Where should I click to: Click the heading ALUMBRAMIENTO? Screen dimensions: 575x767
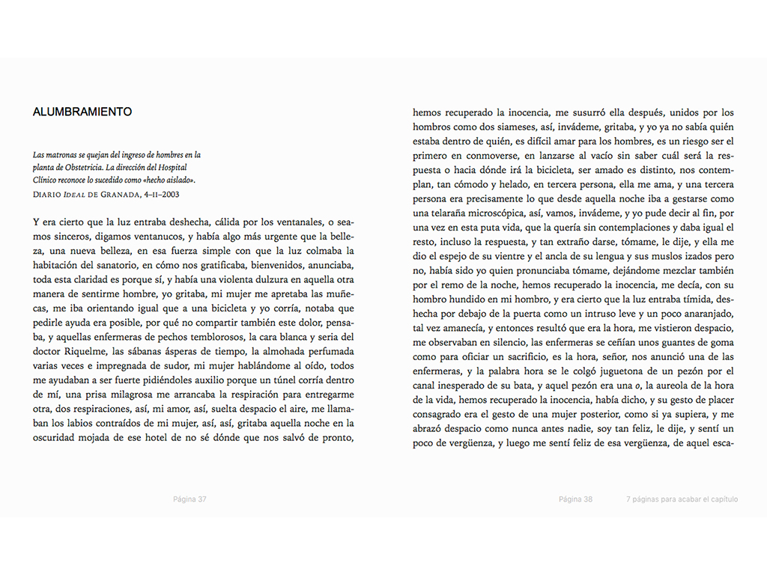tap(82, 112)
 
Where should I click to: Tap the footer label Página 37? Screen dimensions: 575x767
tap(190, 499)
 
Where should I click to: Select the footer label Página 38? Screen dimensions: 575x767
tap(575, 499)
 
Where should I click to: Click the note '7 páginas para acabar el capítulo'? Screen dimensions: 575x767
tap(682, 499)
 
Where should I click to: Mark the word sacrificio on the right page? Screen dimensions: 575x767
tap(523, 356)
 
